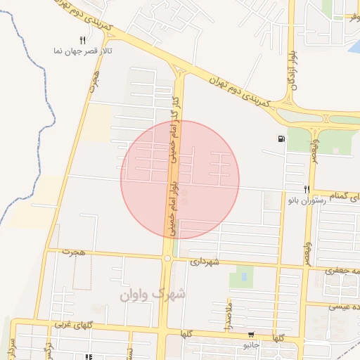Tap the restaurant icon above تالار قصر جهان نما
pyautogui.click(x=82, y=41)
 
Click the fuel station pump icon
pyautogui.click(x=282, y=139)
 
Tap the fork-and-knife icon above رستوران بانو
pyautogui.click(x=307, y=189)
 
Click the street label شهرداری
pyautogui.click(x=205, y=262)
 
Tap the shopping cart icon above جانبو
pyautogui.click(x=251, y=335)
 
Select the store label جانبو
pyautogui.click(x=252, y=345)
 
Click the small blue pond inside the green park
pyautogui.click(x=244, y=277)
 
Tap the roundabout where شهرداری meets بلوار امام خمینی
pyautogui.click(x=167, y=259)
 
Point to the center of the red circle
pyautogui.click(x=180, y=179)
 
